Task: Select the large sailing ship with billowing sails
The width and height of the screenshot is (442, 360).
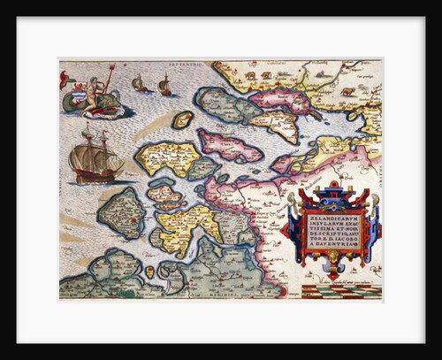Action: coord(94,156)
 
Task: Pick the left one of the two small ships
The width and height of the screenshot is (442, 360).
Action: coord(140,84)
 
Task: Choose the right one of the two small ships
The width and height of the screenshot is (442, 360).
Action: coord(164,85)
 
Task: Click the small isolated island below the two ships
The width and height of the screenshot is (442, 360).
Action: coord(182,119)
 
